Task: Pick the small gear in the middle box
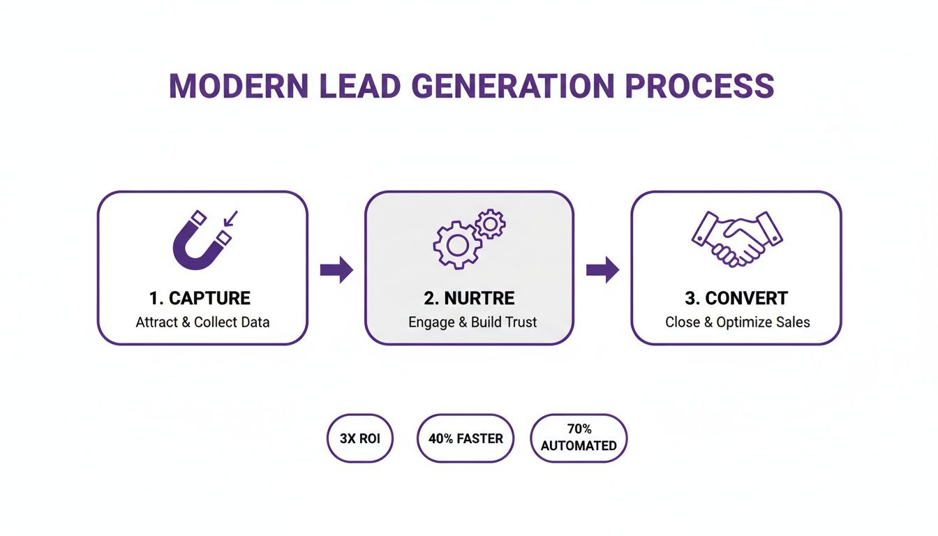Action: tap(491, 223)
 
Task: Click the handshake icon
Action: tap(736, 237)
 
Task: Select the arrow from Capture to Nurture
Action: tap(336, 270)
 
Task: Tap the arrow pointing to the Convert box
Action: tap(602, 270)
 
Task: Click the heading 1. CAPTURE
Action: tap(200, 299)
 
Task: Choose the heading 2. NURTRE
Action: tap(469, 299)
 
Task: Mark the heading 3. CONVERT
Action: tap(736, 299)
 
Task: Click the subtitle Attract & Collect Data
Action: tap(202, 322)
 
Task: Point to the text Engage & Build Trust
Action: tap(472, 322)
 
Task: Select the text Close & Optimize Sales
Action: tap(738, 322)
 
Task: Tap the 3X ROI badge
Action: tap(360, 439)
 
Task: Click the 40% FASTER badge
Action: tap(465, 439)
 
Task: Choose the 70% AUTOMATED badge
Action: tap(579, 438)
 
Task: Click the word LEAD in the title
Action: tap(362, 86)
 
